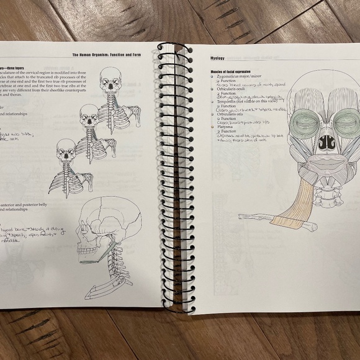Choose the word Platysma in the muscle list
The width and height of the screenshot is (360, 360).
click(223, 127)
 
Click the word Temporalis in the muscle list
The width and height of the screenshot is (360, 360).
click(224, 102)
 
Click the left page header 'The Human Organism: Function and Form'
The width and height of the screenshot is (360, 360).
click(107, 55)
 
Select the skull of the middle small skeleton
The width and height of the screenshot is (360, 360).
click(89, 115)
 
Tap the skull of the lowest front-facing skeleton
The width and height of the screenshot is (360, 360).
click(66, 150)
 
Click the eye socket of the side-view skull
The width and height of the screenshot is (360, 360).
click(86, 226)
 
